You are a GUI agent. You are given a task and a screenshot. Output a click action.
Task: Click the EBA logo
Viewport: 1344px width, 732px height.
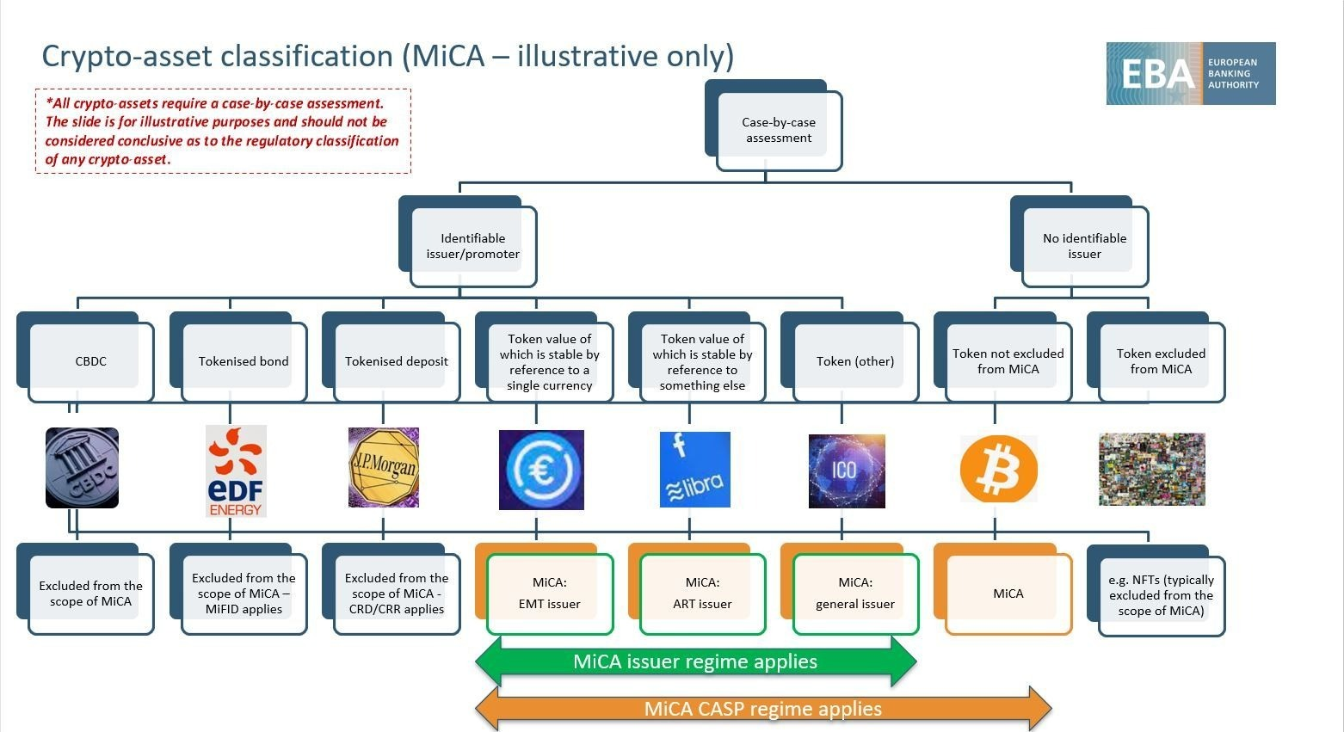pyautogui.click(x=1190, y=73)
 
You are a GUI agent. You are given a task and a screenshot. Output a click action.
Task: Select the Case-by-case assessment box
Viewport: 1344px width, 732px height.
pyautogui.click(x=774, y=126)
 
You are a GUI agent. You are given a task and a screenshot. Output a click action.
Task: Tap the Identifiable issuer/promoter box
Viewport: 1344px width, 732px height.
pyautogui.click(x=467, y=242)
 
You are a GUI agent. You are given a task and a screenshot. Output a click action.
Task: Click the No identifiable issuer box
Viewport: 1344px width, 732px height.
pyautogui.click(x=1079, y=242)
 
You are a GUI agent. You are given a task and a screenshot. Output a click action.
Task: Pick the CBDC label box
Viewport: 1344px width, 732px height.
pyautogui.click(x=85, y=357)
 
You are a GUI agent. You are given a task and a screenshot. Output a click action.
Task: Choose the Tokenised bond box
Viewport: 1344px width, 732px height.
pyautogui.click(x=238, y=357)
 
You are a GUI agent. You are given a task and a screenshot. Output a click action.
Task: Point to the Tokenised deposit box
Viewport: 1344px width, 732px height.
pyautogui.click(x=391, y=357)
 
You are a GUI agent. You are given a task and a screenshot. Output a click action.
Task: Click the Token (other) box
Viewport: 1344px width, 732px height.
pyautogui.click(x=849, y=357)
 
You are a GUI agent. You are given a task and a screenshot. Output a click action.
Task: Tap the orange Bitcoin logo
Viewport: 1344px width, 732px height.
pyautogui.click(x=998, y=469)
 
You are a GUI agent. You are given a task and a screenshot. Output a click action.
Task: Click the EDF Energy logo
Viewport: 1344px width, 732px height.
pyautogui.click(x=236, y=471)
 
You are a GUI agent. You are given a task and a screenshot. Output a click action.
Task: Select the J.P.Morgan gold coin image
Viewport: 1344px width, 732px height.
pyautogui.click(x=384, y=467)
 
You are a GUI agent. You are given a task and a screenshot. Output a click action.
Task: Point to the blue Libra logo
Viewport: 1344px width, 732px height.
pyautogui.click(x=694, y=469)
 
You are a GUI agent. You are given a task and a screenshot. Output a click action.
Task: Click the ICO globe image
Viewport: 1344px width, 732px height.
pyautogui.click(x=847, y=471)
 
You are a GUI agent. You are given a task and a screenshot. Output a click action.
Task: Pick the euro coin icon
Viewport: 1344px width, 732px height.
pyautogui.click(x=541, y=470)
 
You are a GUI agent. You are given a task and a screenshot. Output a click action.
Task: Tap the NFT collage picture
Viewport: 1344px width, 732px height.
pyautogui.click(x=1152, y=469)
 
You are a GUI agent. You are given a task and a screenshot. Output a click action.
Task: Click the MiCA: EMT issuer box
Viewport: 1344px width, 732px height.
pyautogui.click(x=544, y=589)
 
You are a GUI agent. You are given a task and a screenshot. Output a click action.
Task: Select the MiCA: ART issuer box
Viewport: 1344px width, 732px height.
pyautogui.click(x=697, y=589)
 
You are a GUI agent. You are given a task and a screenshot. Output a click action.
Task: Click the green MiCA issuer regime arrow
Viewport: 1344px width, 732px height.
pyautogui.click(x=696, y=661)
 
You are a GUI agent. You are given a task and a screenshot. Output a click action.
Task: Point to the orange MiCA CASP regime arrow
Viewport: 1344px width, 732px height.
pyautogui.click(x=763, y=709)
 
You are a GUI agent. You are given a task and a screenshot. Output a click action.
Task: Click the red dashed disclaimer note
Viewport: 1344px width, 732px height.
pyautogui.click(x=223, y=132)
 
